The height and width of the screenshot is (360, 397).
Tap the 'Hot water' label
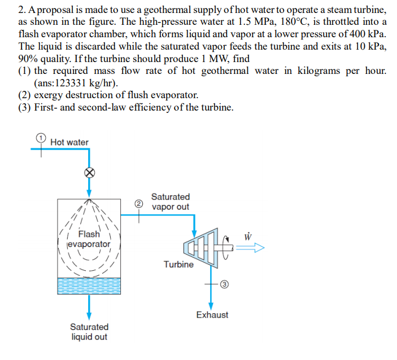(x=69, y=142)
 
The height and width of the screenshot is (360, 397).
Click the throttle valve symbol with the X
(x=89, y=173)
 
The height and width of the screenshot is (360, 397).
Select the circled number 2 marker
(x=137, y=203)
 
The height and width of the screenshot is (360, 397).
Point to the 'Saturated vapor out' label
(x=170, y=201)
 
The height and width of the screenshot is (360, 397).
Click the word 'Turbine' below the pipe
(x=178, y=264)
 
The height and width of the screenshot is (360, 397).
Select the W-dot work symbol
(x=247, y=234)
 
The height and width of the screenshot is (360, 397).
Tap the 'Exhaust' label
(x=212, y=315)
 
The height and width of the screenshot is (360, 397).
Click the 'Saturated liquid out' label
(x=89, y=332)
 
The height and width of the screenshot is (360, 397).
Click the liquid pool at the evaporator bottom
(x=89, y=285)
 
